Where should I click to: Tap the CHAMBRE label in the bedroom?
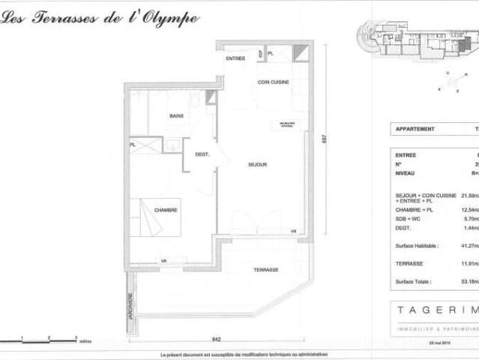(166, 211)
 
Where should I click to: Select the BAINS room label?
(177, 115)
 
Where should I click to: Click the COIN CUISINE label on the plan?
(274, 82)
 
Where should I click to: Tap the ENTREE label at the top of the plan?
(235, 58)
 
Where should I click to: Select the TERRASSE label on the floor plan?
(266, 269)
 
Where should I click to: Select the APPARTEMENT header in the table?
(415, 129)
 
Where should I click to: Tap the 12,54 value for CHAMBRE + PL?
(470, 210)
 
